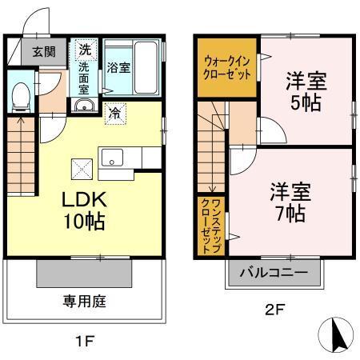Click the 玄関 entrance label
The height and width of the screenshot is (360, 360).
pyautogui.click(x=44, y=53)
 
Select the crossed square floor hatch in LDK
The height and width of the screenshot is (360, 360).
pyautogui.click(x=82, y=169)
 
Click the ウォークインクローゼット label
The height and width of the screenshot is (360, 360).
pyautogui.click(x=226, y=66)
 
